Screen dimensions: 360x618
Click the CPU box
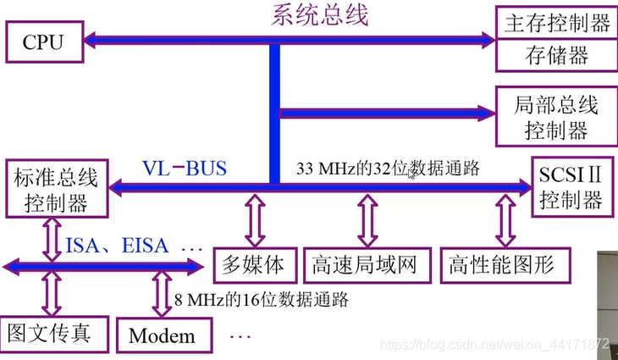pyautogui.click(x=42, y=41)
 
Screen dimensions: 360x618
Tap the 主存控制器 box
pyautogui.click(x=555, y=23)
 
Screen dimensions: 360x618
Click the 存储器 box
pyautogui.click(x=555, y=56)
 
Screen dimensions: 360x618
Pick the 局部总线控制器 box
pyautogui.click(x=555, y=118)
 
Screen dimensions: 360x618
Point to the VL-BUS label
pyautogui.click(x=185, y=168)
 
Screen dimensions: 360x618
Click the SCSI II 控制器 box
pyautogui.click(x=570, y=187)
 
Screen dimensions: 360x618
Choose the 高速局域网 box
pyautogui.click(x=366, y=265)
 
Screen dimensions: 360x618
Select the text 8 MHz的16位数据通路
pyautogui.click(x=262, y=298)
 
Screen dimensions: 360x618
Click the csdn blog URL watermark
pyautogui.click(x=494, y=346)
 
